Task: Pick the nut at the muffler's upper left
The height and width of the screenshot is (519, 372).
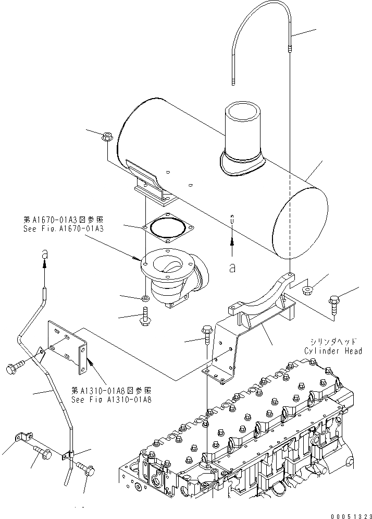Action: point(106,137)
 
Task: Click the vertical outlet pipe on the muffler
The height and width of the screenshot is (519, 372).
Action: point(243,132)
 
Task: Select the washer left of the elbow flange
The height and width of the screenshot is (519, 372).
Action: point(145,298)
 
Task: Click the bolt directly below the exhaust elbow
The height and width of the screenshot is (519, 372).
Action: point(144,318)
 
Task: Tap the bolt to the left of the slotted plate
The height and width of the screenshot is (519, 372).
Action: point(14,367)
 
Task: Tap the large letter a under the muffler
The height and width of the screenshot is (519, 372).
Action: point(232,268)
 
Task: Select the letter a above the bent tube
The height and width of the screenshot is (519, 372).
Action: point(45,254)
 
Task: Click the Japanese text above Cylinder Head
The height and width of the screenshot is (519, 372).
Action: point(332,342)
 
